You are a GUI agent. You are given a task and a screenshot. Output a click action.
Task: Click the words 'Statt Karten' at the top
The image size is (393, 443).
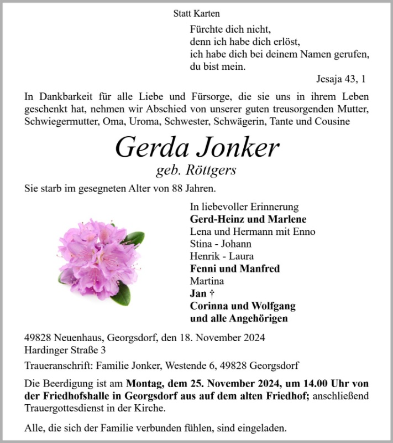point(196,13)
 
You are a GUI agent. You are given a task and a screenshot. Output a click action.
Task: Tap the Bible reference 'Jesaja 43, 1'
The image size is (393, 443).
point(341,79)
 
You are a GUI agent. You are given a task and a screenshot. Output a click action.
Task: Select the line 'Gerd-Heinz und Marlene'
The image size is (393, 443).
point(248,219)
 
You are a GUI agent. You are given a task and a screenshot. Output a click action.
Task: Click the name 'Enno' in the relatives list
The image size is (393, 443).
point(303,231)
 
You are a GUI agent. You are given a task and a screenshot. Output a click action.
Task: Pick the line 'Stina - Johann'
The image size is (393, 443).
point(221,244)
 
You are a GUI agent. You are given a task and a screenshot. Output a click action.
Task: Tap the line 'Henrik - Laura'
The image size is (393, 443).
point(222,256)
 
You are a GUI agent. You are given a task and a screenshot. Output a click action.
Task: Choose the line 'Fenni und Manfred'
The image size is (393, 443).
point(235,269)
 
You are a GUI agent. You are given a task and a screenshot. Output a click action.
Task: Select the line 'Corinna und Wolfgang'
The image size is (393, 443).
point(243,306)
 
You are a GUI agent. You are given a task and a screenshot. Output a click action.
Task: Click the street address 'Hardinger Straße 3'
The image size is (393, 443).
point(65,349)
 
